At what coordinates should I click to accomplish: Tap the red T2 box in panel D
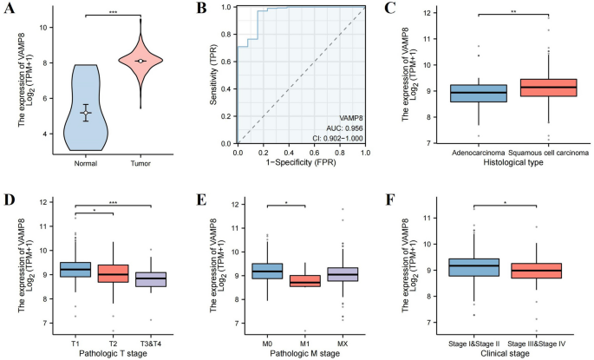click(x=114, y=272)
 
